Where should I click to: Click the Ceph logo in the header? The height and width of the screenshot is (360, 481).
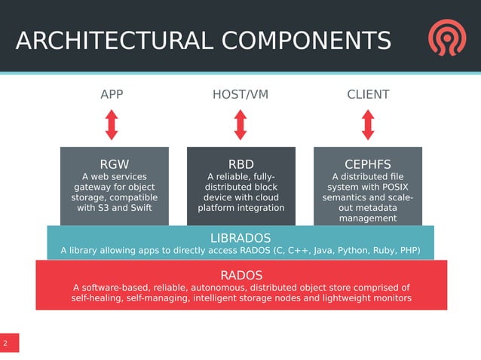(x=447, y=38)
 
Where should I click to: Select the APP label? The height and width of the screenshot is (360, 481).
(x=112, y=95)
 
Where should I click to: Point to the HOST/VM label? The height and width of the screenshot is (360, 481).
(x=240, y=95)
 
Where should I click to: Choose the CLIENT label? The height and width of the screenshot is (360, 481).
(x=368, y=95)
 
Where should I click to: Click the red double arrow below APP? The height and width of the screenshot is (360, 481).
(x=112, y=124)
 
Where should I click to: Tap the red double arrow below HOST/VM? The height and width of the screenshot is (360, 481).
(x=240, y=124)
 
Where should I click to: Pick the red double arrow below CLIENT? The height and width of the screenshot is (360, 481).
(x=368, y=124)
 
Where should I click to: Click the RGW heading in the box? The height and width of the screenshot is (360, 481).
(x=115, y=164)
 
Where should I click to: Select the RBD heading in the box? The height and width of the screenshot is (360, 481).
(x=241, y=164)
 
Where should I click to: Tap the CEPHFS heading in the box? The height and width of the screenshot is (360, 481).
(x=368, y=164)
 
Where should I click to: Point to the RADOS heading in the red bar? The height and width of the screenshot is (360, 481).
(x=241, y=275)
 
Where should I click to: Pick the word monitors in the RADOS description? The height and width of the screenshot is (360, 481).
(x=391, y=299)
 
